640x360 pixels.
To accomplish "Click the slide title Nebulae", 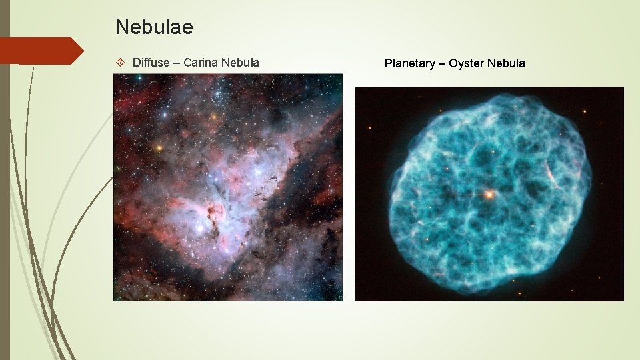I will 154,27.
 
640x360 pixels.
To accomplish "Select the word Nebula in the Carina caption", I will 241,63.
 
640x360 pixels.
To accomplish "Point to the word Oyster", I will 467,63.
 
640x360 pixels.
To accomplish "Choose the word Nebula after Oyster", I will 506,63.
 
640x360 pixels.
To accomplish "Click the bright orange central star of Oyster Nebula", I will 489,194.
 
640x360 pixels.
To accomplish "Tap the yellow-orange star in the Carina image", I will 159,147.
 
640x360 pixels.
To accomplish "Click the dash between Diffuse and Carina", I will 177,63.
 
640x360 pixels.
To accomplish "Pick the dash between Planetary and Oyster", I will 441,63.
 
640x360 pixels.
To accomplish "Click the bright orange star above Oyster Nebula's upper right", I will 585,111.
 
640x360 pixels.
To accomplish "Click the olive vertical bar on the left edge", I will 5,180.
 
